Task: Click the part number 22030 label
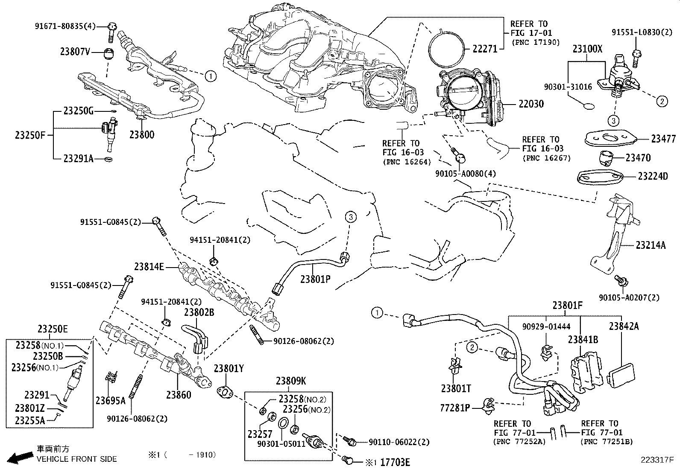tap(531, 104)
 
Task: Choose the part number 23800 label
tap(142, 135)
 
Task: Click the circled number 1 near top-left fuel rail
tap(210, 76)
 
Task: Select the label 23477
tap(663, 139)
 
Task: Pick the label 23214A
tap(650, 245)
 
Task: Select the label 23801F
tap(567, 306)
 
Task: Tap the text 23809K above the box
tap(290, 381)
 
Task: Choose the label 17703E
tap(395, 462)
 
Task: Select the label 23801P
tap(315, 279)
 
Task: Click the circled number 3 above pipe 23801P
tap(350, 217)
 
